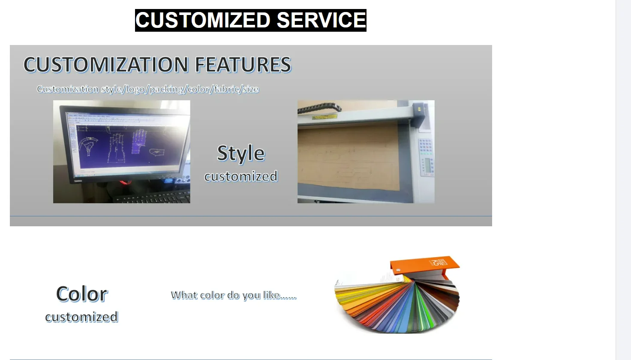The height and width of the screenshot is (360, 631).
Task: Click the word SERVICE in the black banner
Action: (x=321, y=20)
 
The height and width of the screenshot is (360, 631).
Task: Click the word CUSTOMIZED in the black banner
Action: (x=203, y=20)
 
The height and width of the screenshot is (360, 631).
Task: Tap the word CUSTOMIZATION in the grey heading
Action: (x=105, y=65)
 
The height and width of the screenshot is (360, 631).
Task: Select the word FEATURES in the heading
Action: (x=243, y=65)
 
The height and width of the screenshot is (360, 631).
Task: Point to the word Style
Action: (x=241, y=153)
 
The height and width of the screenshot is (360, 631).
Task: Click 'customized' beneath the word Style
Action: (x=241, y=176)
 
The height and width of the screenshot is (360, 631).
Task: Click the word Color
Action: (x=82, y=294)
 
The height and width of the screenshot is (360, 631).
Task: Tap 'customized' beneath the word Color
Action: (x=82, y=317)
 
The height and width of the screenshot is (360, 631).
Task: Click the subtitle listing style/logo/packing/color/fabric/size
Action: (x=148, y=89)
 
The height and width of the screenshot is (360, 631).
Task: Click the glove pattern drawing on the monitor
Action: (x=139, y=141)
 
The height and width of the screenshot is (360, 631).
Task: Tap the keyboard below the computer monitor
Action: (x=153, y=197)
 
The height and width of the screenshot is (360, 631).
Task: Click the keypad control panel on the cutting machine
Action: (x=426, y=157)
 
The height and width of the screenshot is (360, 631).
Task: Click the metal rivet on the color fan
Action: (x=398, y=270)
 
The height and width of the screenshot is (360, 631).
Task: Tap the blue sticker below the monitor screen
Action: (x=168, y=180)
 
